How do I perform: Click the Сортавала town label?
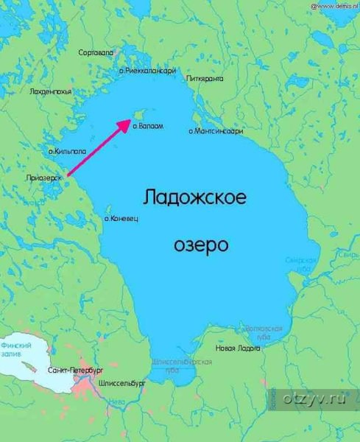click(99, 52)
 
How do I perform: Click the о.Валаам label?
click(148, 127)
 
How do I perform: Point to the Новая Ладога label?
click(236, 348)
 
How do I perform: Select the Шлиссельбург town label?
click(122, 383)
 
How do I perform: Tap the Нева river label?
click(107, 403)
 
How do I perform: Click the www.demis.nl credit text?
click(334, 5)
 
